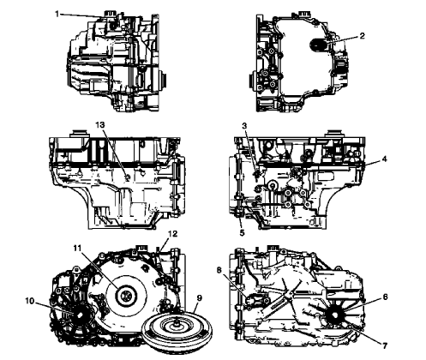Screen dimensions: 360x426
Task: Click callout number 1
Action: [x=57, y=14]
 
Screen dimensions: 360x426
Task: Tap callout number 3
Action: [x=244, y=127]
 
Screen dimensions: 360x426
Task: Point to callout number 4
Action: [x=385, y=159]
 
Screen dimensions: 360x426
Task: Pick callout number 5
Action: [x=243, y=232]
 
